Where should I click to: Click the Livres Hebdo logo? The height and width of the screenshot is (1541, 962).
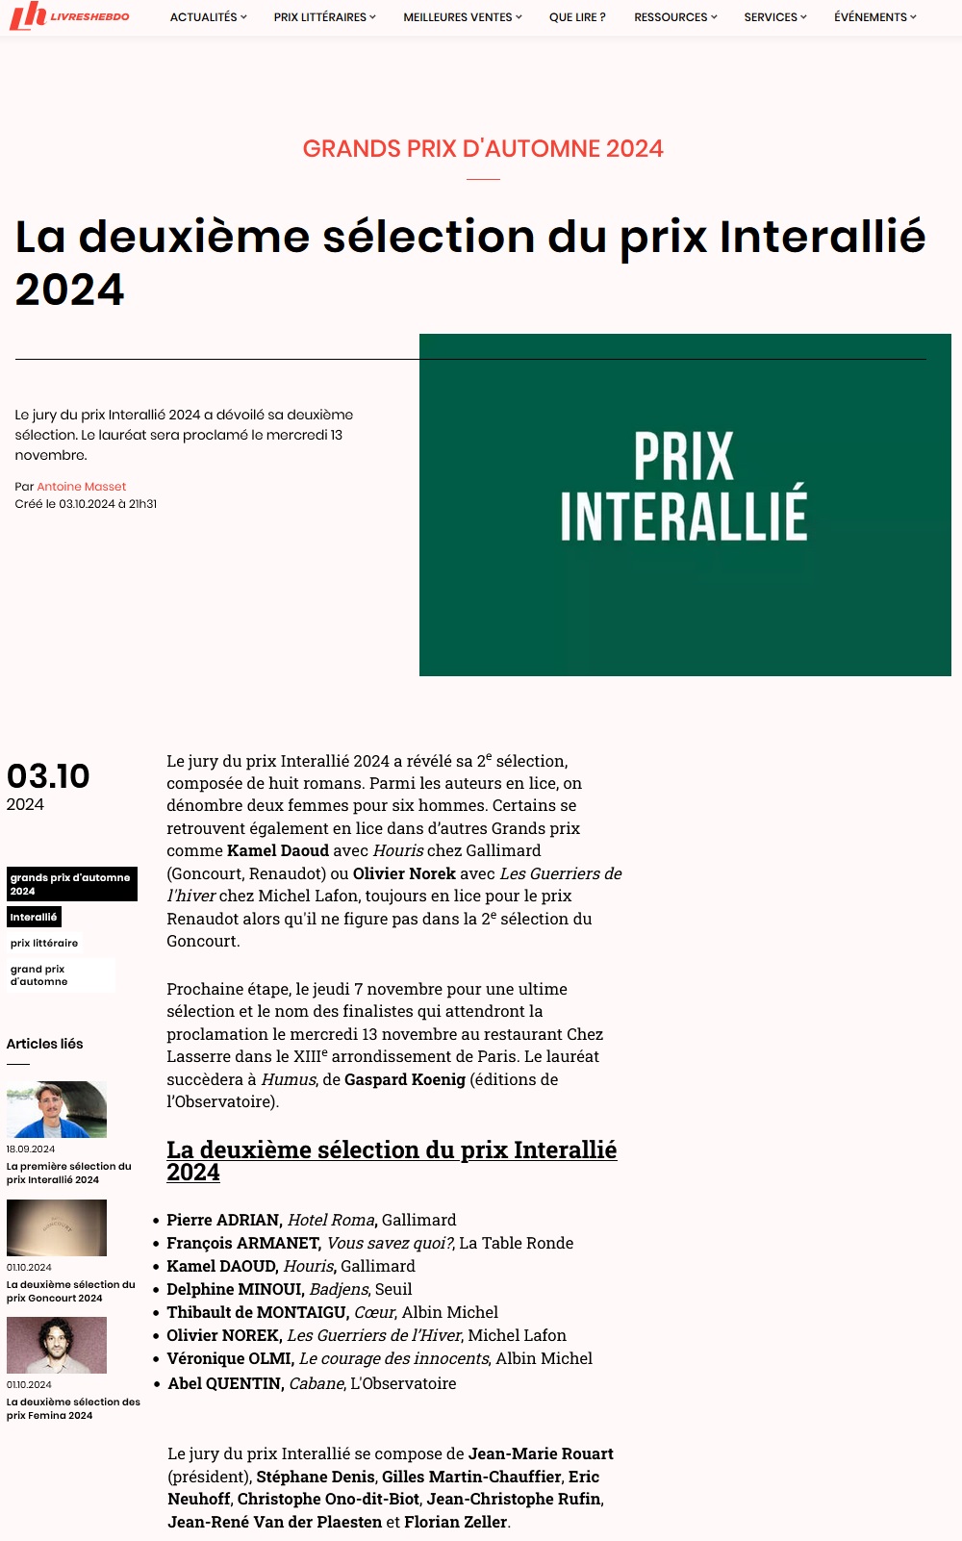(x=69, y=16)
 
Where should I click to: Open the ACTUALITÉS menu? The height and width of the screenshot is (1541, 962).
(x=208, y=17)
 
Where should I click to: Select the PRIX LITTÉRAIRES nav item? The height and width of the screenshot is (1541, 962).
(x=324, y=17)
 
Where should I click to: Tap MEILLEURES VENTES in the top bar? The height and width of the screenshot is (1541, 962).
(x=462, y=17)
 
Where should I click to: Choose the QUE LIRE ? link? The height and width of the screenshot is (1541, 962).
(x=577, y=17)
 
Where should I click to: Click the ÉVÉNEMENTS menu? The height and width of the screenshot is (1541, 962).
(x=874, y=17)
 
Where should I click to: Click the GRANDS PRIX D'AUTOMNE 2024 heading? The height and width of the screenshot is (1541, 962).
(x=483, y=149)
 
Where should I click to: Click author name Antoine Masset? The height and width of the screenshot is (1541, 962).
(x=82, y=487)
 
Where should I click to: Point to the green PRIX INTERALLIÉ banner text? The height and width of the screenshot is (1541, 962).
(x=684, y=487)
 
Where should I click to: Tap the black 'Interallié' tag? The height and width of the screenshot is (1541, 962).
(x=34, y=918)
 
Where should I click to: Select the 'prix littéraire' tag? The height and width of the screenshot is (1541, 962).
(x=44, y=944)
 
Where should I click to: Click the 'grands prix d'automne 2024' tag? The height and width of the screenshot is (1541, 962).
(x=71, y=884)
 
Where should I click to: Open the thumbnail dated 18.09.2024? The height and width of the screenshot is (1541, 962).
(x=57, y=1110)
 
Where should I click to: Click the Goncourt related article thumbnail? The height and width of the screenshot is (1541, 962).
(x=57, y=1227)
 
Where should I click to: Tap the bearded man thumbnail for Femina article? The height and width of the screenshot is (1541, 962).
(x=57, y=1345)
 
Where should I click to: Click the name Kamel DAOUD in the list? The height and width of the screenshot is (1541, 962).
(x=222, y=1267)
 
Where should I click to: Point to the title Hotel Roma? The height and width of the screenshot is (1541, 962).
(x=331, y=1221)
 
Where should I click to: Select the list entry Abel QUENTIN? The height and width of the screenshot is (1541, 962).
(x=225, y=1384)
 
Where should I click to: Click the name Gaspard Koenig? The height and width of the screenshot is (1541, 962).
(x=405, y=1080)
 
